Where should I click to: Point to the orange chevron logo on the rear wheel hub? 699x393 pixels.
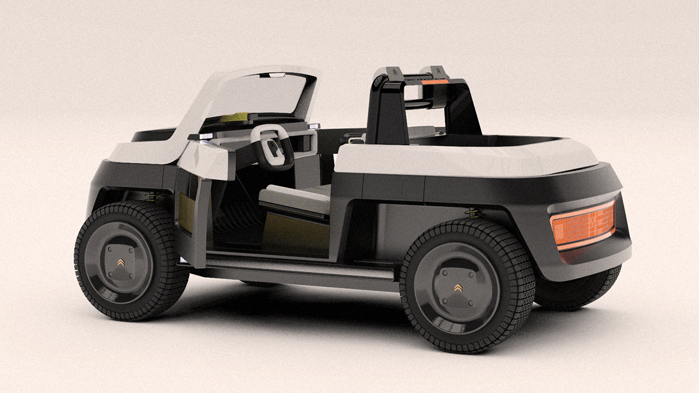[x=458, y=289]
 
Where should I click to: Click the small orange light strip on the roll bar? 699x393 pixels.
[x=436, y=82]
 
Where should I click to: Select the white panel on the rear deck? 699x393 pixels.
[x=466, y=157]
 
